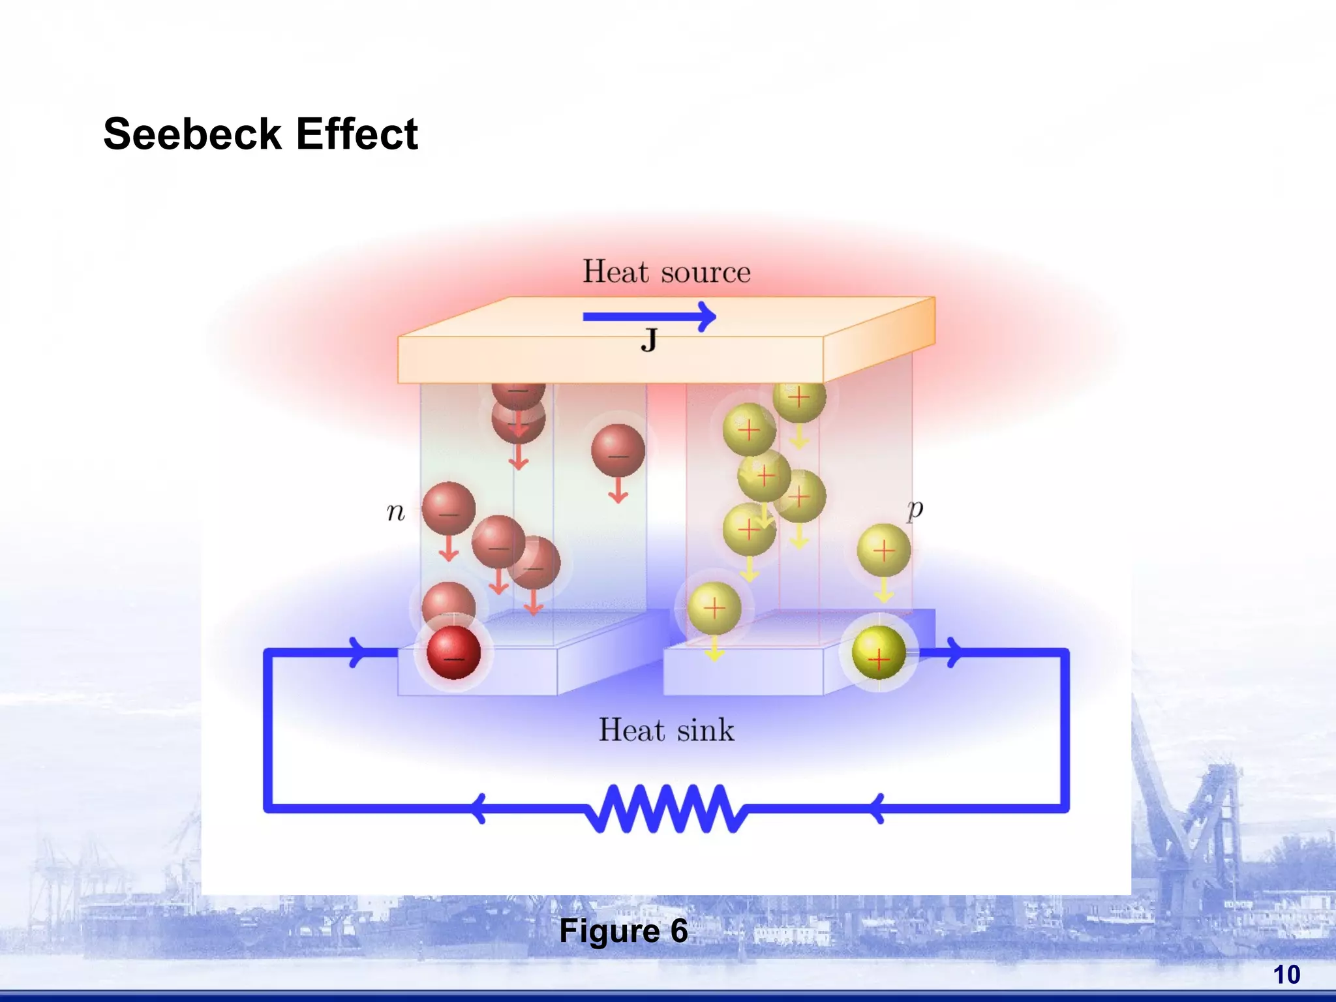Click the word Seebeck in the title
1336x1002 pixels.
[x=192, y=134]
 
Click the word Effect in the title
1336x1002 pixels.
[x=357, y=134]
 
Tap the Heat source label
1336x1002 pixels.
[x=666, y=271]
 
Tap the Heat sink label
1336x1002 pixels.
[x=666, y=730]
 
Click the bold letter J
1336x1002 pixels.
[x=649, y=341]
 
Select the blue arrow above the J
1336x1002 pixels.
[x=649, y=317]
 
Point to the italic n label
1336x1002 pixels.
[x=395, y=513]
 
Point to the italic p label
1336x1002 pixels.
[x=915, y=508]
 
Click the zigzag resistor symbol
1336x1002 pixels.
[x=666, y=809]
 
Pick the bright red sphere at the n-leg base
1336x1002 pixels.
[x=453, y=653]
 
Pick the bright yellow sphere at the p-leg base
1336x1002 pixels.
[x=879, y=653]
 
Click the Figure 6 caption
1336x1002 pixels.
[x=623, y=931]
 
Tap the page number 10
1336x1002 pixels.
[x=1286, y=975]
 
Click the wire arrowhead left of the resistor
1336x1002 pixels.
[x=479, y=809]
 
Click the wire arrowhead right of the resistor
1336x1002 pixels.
[x=877, y=809]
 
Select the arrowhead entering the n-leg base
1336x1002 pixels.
[x=357, y=652]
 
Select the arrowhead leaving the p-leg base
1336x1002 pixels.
[x=954, y=652]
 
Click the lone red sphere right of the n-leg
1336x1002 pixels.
[x=618, y=451]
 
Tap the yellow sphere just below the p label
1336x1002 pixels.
[x=883, y=551]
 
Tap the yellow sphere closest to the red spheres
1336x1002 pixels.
[x=714, y=609]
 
